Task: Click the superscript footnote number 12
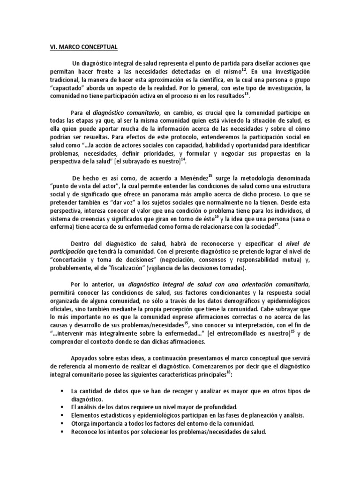244,69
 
